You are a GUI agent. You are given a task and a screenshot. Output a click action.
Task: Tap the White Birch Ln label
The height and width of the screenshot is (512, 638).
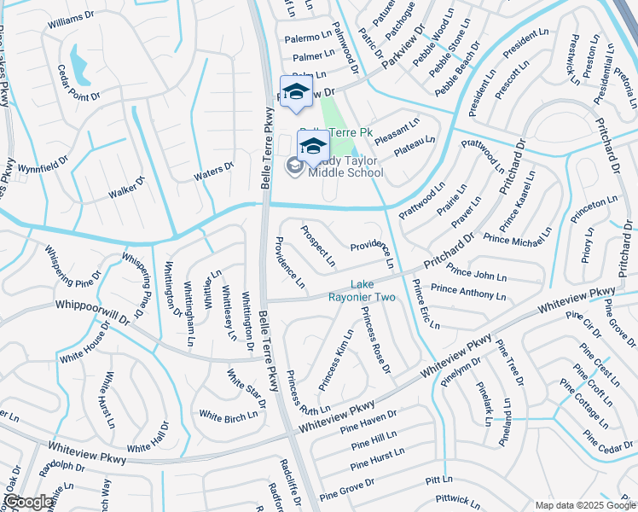[228, 416]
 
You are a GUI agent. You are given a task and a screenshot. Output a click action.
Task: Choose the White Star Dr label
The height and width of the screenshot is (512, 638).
[246, 388]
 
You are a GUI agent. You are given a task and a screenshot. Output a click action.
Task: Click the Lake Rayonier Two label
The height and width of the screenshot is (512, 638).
[374, 291]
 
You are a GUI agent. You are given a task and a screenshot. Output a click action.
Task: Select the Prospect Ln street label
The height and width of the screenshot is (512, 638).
[317, 245]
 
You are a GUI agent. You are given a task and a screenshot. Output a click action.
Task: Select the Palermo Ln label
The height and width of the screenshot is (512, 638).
[308, 38]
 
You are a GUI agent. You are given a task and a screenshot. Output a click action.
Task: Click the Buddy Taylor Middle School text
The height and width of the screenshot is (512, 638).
[345, 166]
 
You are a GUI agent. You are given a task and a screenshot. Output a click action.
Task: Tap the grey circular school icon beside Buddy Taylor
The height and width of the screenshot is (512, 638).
[294, 166]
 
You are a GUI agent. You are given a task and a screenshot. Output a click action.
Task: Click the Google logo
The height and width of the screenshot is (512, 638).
[29, 502]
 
